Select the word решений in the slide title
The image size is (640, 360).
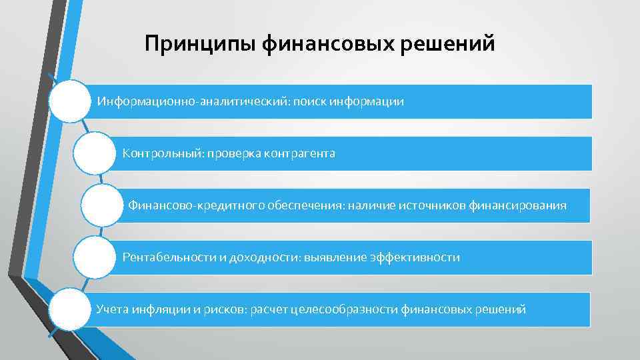click(451, 45)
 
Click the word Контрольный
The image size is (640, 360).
click(163, 154)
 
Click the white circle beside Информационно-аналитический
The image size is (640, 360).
click(69, 101)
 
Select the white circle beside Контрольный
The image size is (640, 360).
click(94, 153)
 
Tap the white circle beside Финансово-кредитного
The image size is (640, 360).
click(102, 205)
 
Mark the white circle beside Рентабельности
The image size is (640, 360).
click(94, 257)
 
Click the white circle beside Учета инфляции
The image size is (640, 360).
click(69, 308)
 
